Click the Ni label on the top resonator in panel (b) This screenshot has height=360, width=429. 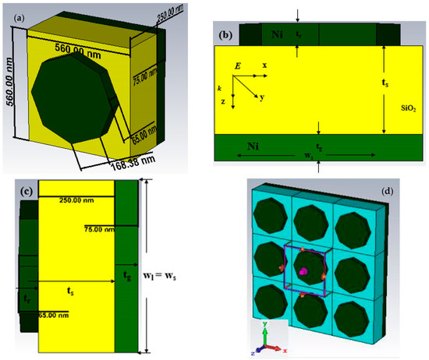278,34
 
